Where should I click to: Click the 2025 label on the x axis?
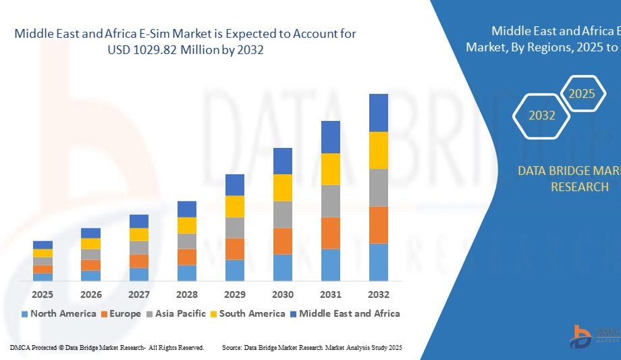click(43, 294)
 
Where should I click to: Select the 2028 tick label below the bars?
click(187, 294)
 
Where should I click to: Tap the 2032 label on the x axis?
click(379, 294)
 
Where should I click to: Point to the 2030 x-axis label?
click(283, 294)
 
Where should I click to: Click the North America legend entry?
click(59, 313)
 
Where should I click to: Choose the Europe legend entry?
click(121, 313)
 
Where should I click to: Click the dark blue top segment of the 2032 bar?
click(379, 112)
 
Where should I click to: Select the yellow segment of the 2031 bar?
click(331, 169)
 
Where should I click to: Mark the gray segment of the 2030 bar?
click(283, 214)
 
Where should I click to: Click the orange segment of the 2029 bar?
click(235, 249)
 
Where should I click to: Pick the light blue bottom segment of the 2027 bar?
click(139, 274)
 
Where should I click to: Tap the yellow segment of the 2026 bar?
click(91, 243)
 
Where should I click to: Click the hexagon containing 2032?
click(542, 115)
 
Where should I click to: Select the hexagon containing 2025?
click(581, 94)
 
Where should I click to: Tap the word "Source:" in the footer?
click(233, 347)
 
